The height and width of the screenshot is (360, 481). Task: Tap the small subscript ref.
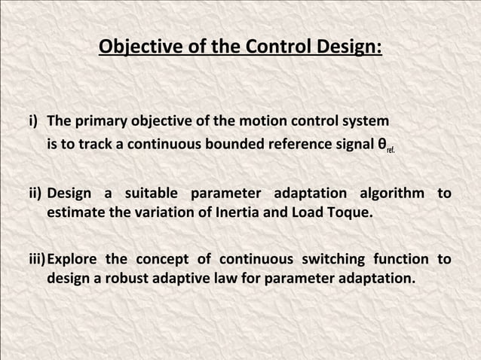[390, 148]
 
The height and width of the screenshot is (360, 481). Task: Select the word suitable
[152, 194]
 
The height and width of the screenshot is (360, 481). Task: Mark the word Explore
[73, 260]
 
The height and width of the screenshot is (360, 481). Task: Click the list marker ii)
[36, 194]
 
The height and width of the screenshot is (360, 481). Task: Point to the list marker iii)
[38, 260]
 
